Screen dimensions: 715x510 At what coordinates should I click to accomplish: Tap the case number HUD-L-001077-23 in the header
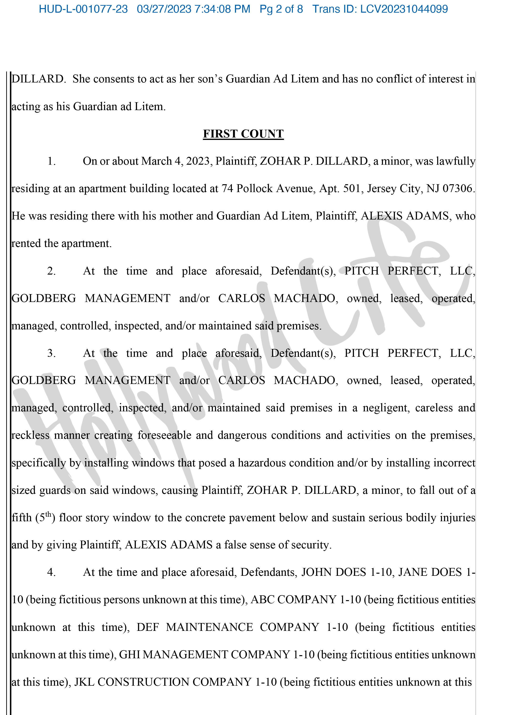coord(83,9)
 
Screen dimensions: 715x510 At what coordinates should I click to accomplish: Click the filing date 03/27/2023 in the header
coord(164,9)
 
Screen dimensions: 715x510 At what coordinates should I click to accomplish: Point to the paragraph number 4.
coord(51,572)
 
